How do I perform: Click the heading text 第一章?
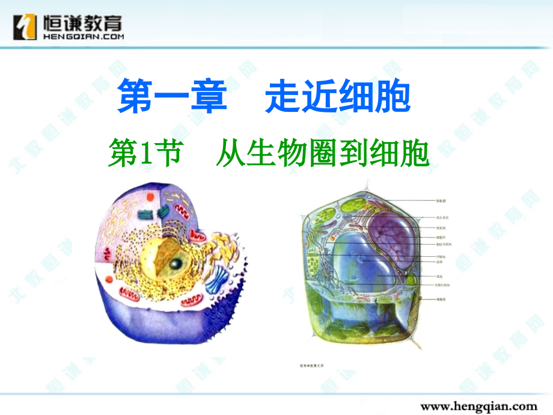[x=172, y=97]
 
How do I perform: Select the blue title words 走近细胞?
[x=337, y=97]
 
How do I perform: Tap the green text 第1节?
[x=144, y=155]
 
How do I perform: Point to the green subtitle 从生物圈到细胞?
[x=323, y=155]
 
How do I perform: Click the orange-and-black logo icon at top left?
[x=25, y=27]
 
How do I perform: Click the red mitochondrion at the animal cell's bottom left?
[x=129, y=293]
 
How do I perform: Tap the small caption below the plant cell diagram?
[x=317, y=364]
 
